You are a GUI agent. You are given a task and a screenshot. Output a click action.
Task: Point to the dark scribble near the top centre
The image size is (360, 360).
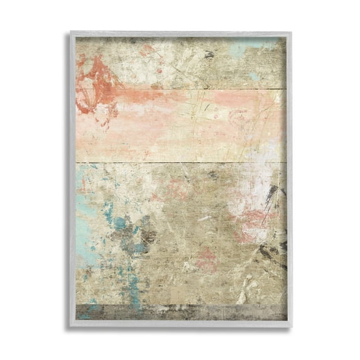pyautogui.click(x=209, y=55)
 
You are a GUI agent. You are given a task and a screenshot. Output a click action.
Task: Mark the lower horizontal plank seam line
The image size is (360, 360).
pyautogui.click(x=182, y=163)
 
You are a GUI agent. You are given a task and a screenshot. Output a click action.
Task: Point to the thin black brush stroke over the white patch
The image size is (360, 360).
pyautogui.click(x=271, y=195)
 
